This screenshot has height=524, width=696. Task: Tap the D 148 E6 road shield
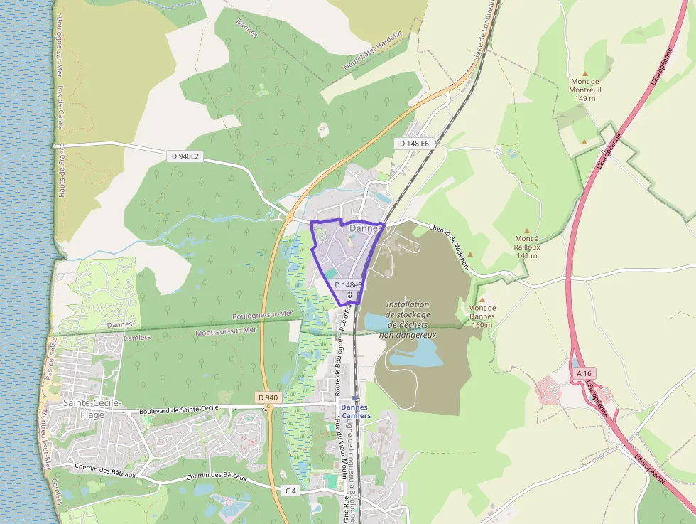(x=414, y=144)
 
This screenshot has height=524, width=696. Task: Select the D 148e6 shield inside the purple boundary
(x=348, y=285)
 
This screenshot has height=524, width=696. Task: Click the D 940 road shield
(x=268, y=397)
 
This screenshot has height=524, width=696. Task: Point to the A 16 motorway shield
(x=584, y=373)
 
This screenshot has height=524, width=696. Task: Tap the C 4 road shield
(x=290, y=491)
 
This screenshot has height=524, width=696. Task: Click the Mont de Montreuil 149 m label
(x=586, y=90)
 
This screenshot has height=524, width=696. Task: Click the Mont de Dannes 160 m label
(x=482, y=316)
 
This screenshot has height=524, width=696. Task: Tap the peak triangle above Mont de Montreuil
(x=585, y=73)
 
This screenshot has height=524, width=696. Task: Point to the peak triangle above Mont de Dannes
(x=482, y=300)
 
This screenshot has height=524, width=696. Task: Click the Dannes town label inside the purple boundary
(x=365, y=228)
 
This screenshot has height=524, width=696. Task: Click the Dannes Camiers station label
(x=355, y=411)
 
